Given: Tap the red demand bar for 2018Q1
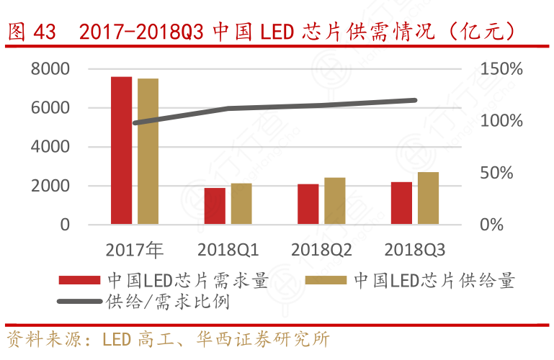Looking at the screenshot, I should (x=215, y=206).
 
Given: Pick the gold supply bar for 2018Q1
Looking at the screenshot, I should (x=241, y=204).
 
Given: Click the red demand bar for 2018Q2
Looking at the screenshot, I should (x=308, y=204).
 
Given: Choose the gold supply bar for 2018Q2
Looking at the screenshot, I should (x=335, y=201).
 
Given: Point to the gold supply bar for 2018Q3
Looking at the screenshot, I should (x=429, y=198).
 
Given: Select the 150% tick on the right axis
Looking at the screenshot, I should (x=502, y=69).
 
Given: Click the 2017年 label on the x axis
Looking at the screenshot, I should (x=135, y=251).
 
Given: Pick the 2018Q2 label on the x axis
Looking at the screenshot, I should (x=321, y=251).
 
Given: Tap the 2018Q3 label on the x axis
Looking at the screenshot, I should (x=415, y=251).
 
